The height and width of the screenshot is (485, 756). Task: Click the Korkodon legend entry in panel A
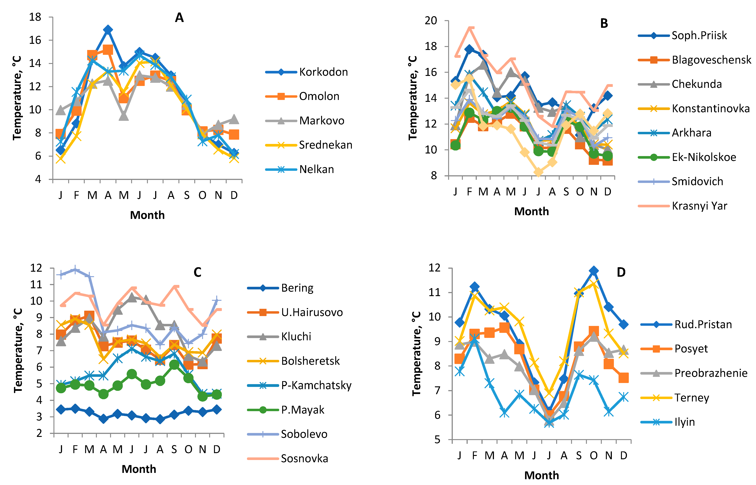pyautogui.click(x=323, y=72)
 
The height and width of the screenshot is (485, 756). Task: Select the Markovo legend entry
pyautogui.click(x=321, y=121)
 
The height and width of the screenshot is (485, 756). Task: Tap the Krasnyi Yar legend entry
pyautogui.click(x=699, y=206)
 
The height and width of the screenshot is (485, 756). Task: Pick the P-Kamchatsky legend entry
pyautogui.click(x=316, y=385)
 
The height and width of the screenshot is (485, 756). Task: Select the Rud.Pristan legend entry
pyautogui.click(x=703, y=324)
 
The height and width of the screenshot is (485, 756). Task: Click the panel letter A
pyautogui.click(x=179, y=18)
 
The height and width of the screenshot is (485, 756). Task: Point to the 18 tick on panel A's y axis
pyautogui.click(x=35, y=17)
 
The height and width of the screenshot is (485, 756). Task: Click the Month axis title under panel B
pyautogui.click(x=531, y=211)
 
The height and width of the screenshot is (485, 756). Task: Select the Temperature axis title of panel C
pyautogui.click(x=18, y=350)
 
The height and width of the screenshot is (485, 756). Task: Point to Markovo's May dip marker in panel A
pyautogui.click(x=124, y=116)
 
